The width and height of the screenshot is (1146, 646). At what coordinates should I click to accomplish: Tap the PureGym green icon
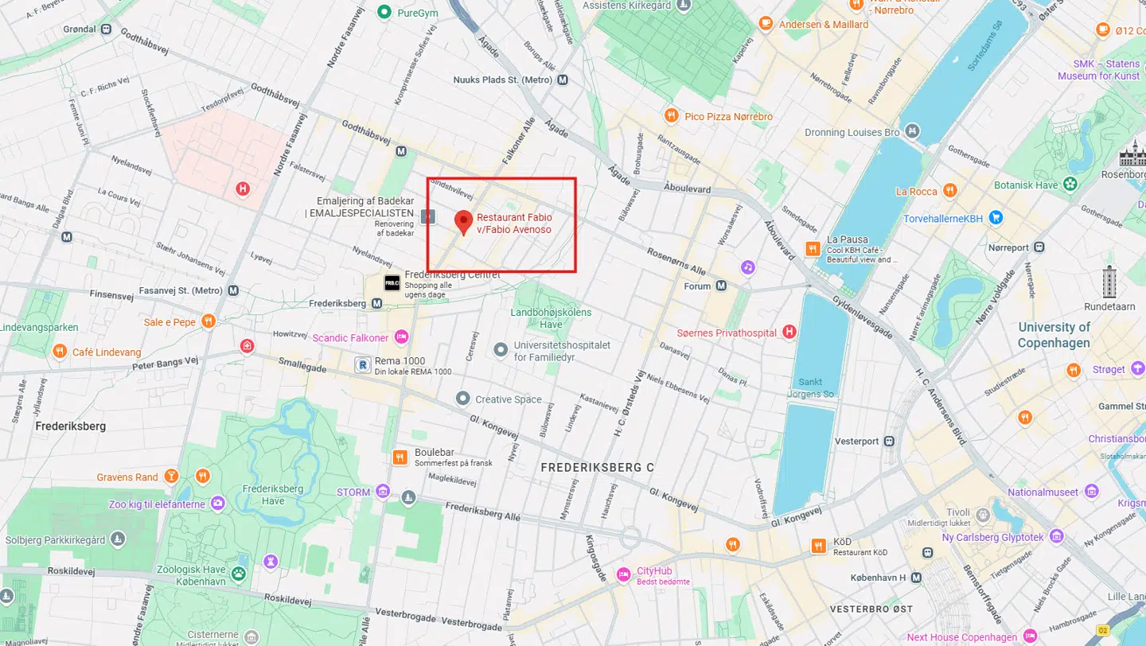pyautogui.click(x=385, y=12)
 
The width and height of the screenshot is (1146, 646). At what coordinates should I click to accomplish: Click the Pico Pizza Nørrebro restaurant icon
pyautogui.click(x=672, y=116)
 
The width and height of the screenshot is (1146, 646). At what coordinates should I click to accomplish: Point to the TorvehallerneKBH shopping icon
pyautogui.click(x=996, y=217)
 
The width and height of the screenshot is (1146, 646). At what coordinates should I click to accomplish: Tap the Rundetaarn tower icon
pyautogui.click(x=1109, y=281)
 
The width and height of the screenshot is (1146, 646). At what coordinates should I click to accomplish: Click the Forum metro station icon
pyautogui.click(x=721, y=286)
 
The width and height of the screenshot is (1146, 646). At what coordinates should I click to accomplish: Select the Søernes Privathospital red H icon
pyautogui.click(x=789, y=333)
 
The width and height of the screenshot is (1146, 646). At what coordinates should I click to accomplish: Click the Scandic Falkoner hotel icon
pyautogui.click(x=401, y=337)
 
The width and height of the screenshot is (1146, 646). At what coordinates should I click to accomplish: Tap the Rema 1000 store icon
pyautogui.click(x=363, y=365)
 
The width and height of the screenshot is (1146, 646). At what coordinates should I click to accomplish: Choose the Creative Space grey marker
pyautogui.click(x=462, y=398)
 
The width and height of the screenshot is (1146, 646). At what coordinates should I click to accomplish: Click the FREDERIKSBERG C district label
pyautogui.click(x=597, y=468)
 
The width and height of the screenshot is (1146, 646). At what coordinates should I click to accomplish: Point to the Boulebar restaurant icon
pyautogui.click(x=400, y=457)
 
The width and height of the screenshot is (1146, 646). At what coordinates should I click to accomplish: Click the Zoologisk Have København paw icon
pyautogui.click(x=238, y=573)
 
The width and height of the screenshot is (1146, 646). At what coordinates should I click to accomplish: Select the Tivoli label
pyautogui.click(x=957, y=512)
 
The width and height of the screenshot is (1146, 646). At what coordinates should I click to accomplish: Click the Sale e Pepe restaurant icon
pyautogui.click(x=209, y=321)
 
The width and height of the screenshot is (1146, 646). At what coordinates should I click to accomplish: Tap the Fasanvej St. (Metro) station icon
pyautogui.click(x=233, y=291)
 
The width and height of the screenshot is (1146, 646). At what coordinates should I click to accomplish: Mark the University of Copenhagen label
pyautogui.click(x=1054, y=335)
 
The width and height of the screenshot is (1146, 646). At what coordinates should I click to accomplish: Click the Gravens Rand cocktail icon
pyautogui.click(x=171, y=477)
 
